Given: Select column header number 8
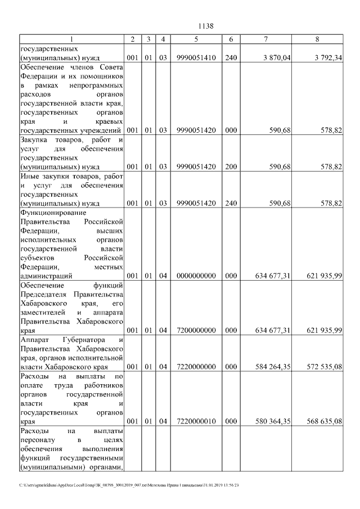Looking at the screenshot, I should (318, 39).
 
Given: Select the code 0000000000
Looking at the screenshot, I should (195, 276).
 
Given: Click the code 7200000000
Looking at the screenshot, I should (195, 330).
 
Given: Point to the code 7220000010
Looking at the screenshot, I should (195, 421).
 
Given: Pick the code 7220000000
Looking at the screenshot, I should (195, 367).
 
